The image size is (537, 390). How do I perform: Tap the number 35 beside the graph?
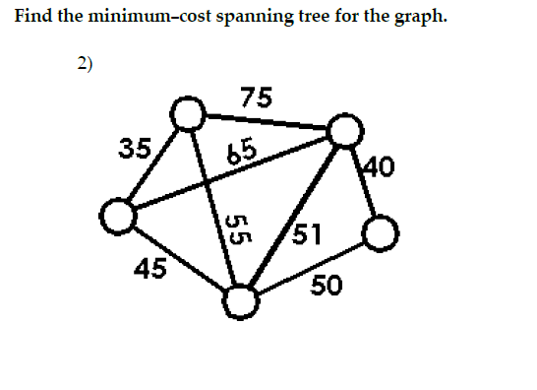point(134,150)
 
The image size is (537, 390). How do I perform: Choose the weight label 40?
point(379,166)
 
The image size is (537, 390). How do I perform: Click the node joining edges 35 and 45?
point(116,217)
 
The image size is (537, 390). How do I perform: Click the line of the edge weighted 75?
point(266,123)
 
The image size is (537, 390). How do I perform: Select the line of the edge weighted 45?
point(177,258)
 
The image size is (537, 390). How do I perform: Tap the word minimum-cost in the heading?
point(132,18)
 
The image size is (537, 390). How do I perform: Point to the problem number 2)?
point(86,64)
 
